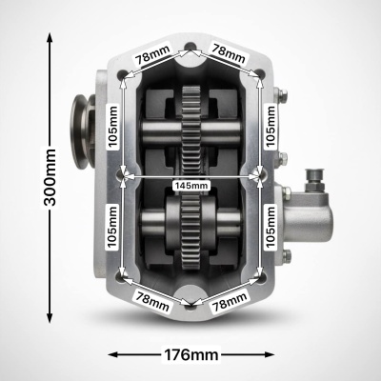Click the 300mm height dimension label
[x=50, y=177]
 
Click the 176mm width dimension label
[x=191, y=354]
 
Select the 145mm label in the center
[x=191, y=185]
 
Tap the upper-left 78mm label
[x=153, y=55]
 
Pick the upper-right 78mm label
[x=229, y=54]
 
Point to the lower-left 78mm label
[x=152, y=301]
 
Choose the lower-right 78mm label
[x=230, y=302]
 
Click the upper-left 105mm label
[x=113, y=126]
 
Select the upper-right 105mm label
[x=271, y=126]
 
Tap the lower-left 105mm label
[x=112, y=227]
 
